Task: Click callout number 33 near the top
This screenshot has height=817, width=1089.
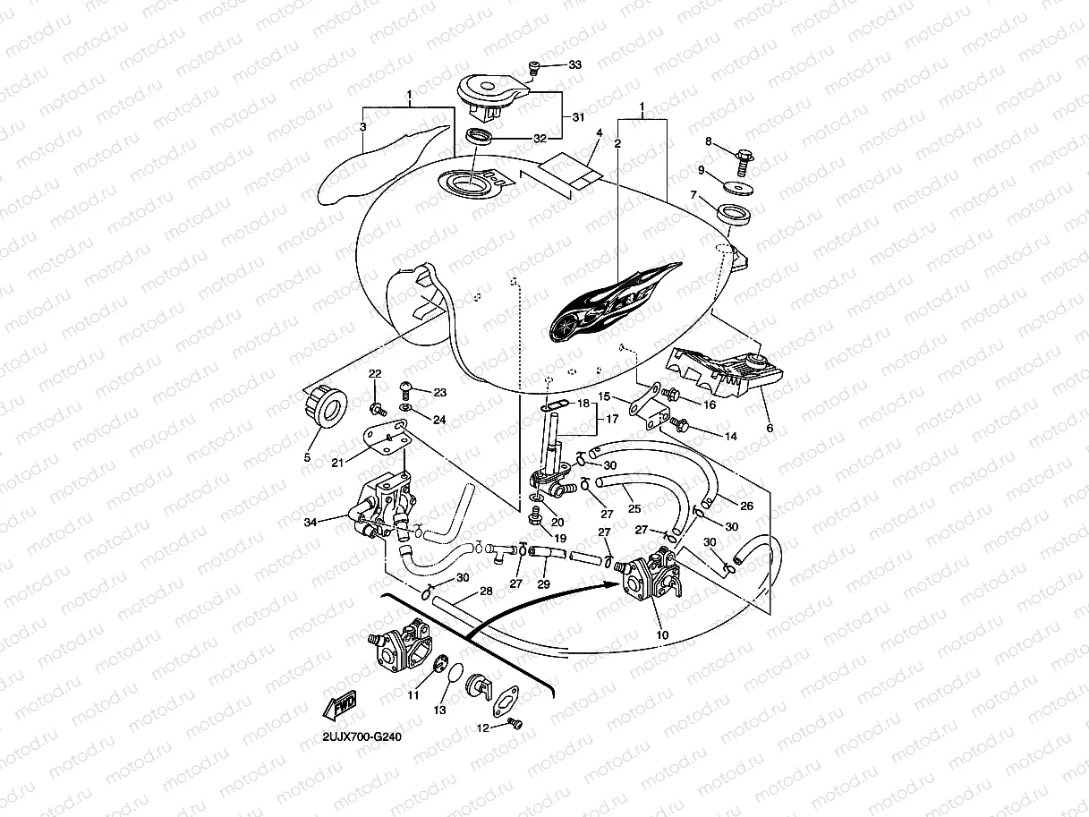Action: (574, 65)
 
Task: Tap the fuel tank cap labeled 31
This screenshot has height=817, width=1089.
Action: (490, 93)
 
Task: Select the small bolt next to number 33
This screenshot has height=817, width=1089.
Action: (535, 65)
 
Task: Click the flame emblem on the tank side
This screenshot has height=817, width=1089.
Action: (616, 302)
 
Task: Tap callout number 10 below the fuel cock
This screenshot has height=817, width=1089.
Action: (661, 634)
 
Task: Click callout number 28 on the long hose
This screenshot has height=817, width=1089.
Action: (486, 591)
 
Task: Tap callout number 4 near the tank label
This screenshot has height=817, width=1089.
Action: (599, 133)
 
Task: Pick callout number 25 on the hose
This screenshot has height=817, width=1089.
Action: (634, 509)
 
